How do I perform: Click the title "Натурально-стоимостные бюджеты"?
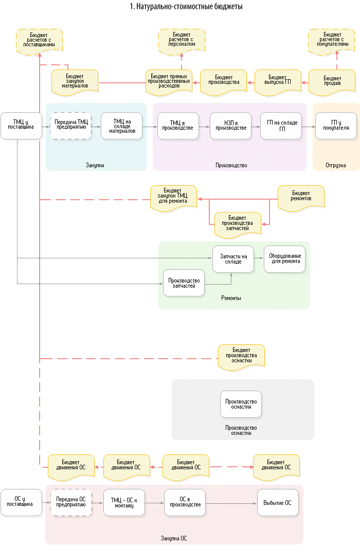click(x=186, y=7)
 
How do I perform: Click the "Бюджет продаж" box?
click(x=332, y=81)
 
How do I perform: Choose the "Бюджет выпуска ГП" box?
click(x=278, y=81)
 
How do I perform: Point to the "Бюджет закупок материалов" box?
click(x=75, y=81)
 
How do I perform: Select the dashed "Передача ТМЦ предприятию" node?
click(x=71, y=125)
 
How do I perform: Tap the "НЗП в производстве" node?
click(x=230, y=125)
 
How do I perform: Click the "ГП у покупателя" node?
click(x=336, y=125)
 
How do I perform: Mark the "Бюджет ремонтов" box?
click(x=301, y=198)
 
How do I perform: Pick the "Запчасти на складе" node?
click(x=233, y=259)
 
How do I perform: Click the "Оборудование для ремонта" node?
click(x=285, y=259)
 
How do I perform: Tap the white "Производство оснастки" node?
click(x=241, y=404)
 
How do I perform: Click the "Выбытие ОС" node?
click(x=278, y=502)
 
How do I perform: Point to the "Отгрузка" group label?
click(x=336, y=166)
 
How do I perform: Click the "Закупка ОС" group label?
click(x=174, y=538)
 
